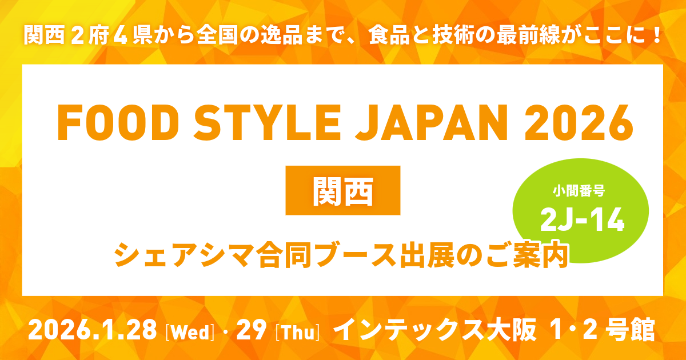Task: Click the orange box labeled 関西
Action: pos(343,191)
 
